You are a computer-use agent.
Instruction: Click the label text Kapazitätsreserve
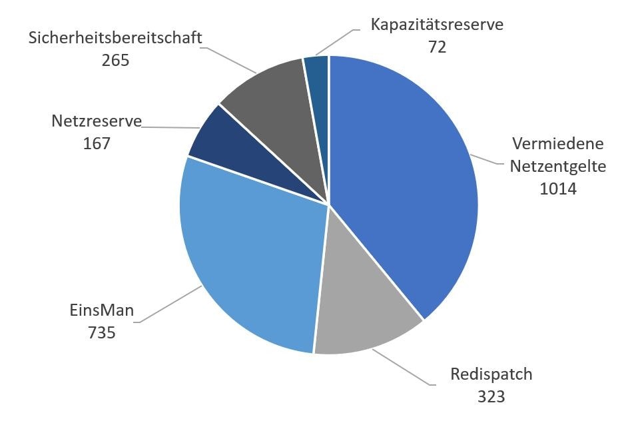click(x=437, y=25)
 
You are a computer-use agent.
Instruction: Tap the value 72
click(x=437, y=47)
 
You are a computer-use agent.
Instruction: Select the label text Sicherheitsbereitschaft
click(x=115, y=37)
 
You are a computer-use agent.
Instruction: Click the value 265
click(x=115, y=59)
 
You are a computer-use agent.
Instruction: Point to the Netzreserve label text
click(x=97, y=121)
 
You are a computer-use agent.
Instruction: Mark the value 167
click(x=97, y=143)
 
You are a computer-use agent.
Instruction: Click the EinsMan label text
click(x=102, y=310)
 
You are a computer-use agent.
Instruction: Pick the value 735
click(x=102, y=332)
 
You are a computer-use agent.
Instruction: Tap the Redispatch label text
click(x=491, y=374)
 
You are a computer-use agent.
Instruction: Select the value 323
click(x=491, y=396)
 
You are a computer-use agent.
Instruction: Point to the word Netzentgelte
click(x=558, y=166)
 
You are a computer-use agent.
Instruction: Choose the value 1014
click(x=558, y=189)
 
